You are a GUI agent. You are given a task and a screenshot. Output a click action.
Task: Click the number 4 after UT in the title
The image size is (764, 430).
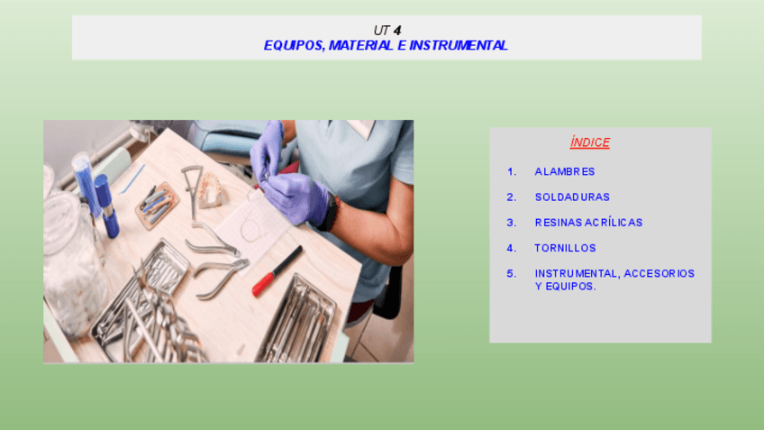(x=397, y=31)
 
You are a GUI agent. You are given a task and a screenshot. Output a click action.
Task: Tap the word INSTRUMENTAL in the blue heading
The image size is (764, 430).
(x=459, y=45)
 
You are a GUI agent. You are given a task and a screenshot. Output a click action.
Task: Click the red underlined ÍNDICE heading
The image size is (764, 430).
(x=589, y=142)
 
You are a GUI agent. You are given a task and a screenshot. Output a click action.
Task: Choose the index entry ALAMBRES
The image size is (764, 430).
(x=565, y=171)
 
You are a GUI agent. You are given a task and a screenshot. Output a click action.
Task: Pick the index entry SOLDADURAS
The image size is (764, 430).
(x=572, y=197)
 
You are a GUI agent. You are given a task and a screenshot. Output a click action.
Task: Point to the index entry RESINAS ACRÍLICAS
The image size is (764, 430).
(x=588, y=223)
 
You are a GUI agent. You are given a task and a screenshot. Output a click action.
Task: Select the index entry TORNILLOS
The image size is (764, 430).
(x=565, y=248)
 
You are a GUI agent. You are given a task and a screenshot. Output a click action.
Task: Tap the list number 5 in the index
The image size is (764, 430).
(x=511, y=273)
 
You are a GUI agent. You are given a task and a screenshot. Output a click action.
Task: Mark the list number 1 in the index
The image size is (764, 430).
(x=511, y=171)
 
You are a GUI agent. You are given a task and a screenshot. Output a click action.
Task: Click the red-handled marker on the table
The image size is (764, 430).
(x=277, y=271)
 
